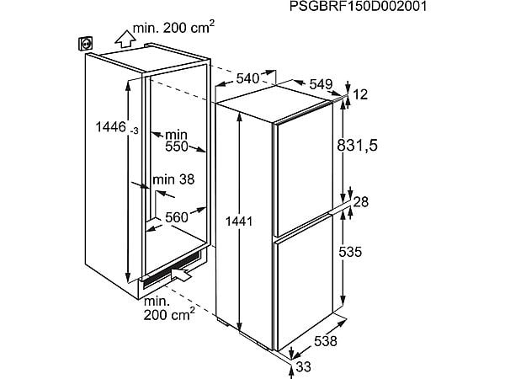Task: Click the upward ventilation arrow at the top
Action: click(124, 37)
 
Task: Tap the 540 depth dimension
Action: click(246, 78)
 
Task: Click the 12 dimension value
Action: click(363, 96)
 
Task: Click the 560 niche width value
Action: click(176, 217)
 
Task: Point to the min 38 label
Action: click(174, 178)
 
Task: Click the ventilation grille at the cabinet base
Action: click(168, 268)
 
